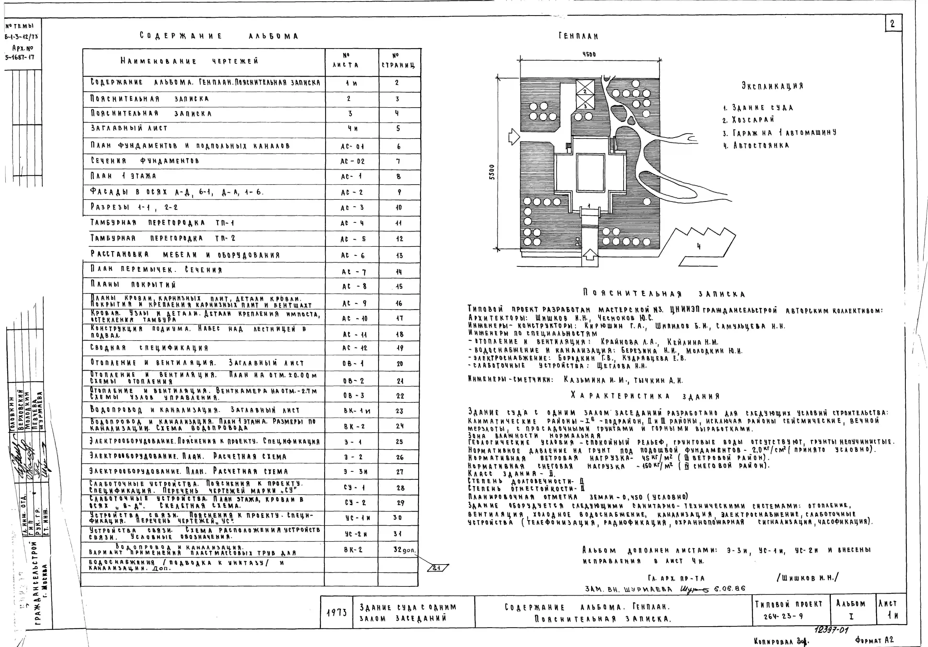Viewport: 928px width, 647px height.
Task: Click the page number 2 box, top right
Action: (892, 24)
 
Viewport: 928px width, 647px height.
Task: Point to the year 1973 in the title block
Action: (336, 613)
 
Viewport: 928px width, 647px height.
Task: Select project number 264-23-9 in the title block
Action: (778, 617)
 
